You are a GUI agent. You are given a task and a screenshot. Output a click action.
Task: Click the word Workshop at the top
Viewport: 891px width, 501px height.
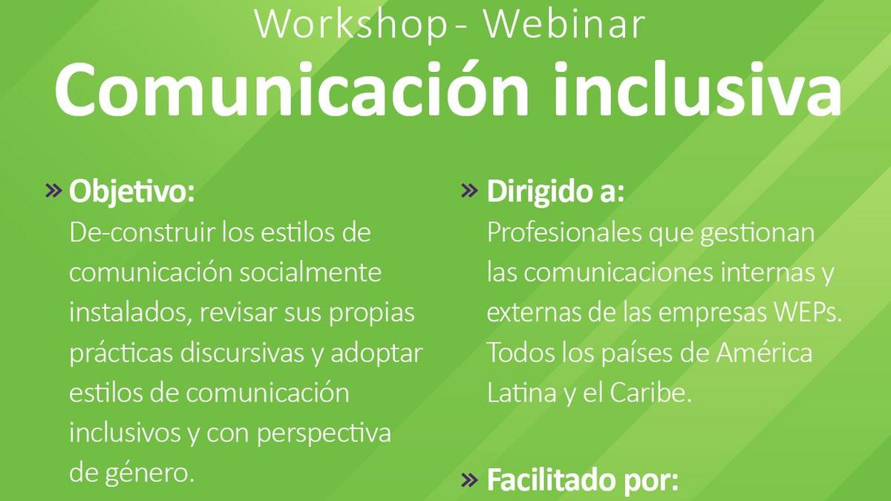[352, 24]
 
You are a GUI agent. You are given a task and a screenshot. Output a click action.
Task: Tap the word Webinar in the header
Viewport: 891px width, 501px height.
[564, 24]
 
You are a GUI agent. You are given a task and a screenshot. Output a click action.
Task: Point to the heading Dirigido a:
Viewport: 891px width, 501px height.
[555, 191]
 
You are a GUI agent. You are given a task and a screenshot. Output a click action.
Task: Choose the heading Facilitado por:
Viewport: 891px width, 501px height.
[583, 480]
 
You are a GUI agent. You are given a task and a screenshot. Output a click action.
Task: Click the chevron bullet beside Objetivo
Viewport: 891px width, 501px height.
[54, 191]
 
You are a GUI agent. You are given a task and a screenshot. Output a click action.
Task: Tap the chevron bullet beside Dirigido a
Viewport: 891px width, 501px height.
[469, 191]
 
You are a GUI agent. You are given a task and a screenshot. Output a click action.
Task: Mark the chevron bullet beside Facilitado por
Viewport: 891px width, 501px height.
[469, 480]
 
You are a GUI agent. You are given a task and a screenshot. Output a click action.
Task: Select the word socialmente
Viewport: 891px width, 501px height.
[310, 273]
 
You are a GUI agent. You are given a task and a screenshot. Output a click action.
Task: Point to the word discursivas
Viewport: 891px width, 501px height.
[242, 353]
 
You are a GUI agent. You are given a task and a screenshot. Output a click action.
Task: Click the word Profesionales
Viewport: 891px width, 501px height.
[564, 232]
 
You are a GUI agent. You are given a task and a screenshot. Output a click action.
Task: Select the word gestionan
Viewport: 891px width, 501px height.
[757, 234]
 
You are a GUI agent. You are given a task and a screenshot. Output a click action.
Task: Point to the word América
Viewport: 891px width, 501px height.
[764, 352]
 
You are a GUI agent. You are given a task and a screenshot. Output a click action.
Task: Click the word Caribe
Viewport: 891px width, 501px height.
[650, 393]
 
